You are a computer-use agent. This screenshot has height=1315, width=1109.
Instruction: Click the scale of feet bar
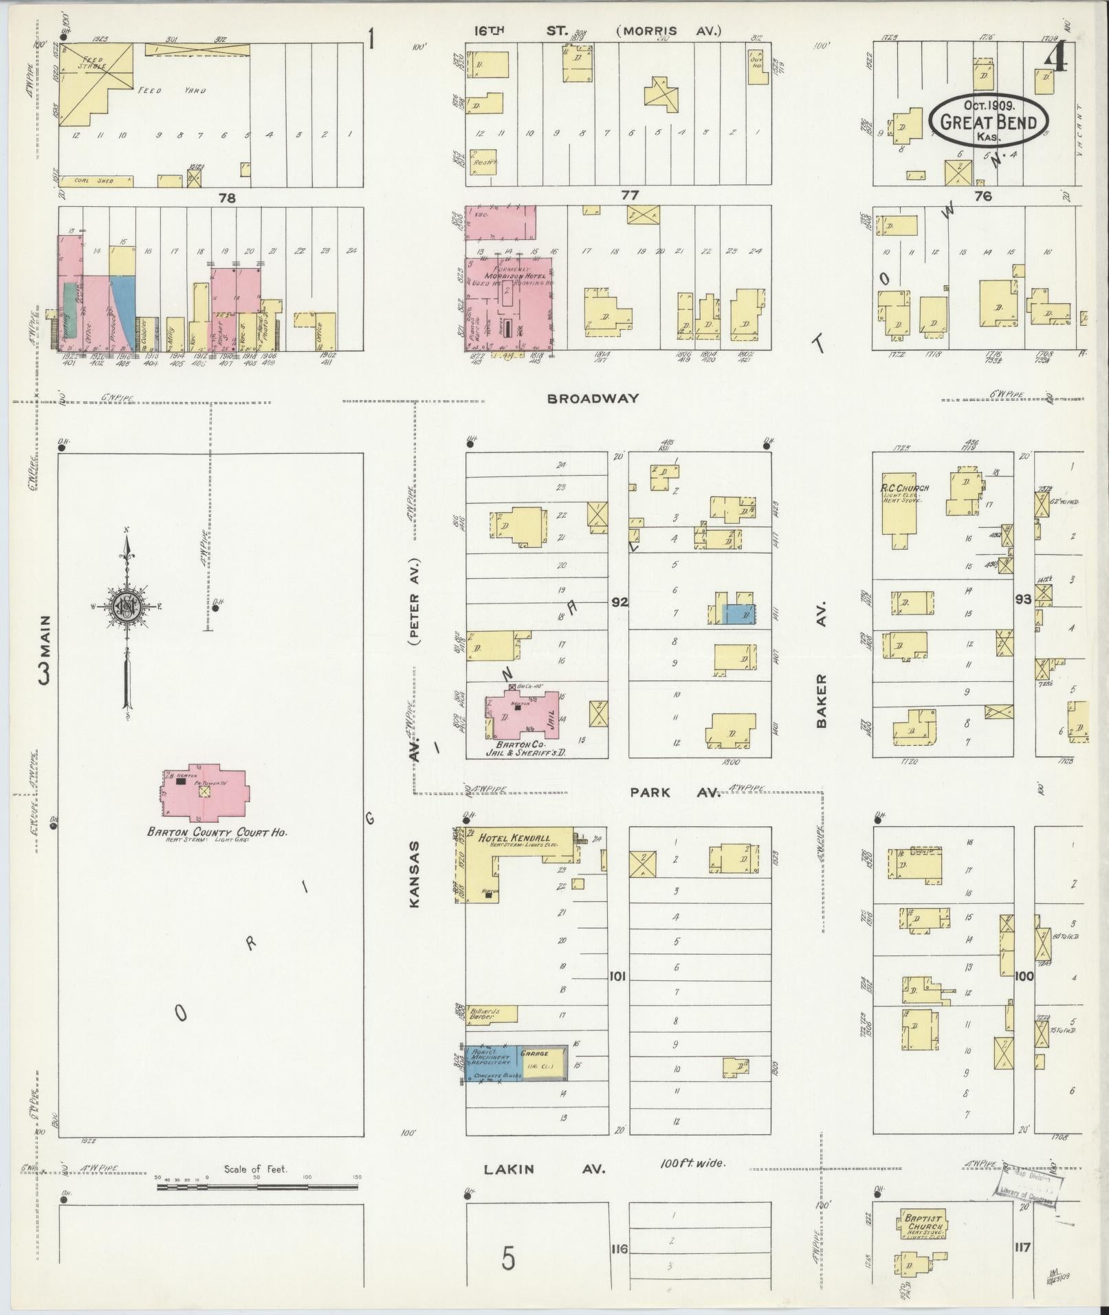point(258,1186)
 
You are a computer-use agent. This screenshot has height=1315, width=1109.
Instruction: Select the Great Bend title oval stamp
point(989,121)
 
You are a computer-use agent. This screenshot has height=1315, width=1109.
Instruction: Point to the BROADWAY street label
point(593,398)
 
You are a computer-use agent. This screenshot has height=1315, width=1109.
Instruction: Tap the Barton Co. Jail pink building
point(519,715)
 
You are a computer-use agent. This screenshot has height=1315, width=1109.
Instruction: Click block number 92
point(619,602)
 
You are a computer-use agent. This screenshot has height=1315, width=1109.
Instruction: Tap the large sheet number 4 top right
point(1055,58)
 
